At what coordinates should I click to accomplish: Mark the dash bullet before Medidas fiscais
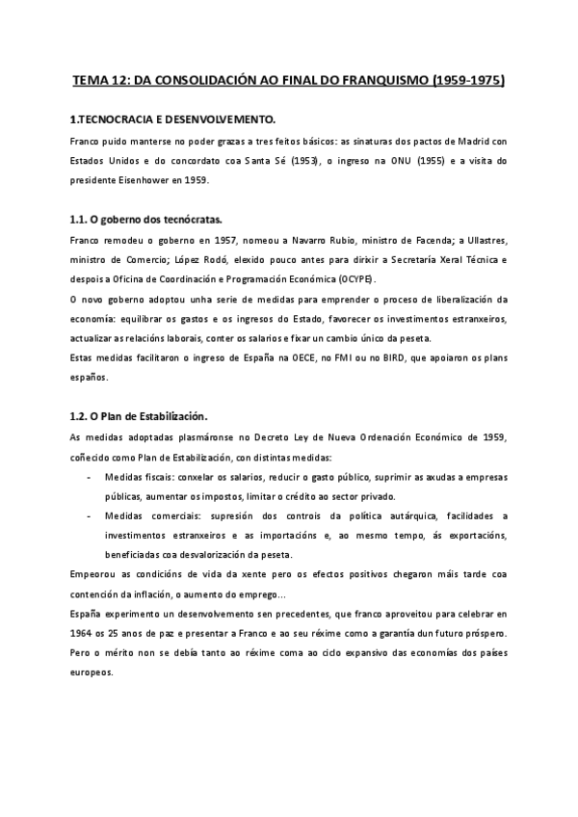tap(90, 477)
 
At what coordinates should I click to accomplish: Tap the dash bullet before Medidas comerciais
tap(90, 516)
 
